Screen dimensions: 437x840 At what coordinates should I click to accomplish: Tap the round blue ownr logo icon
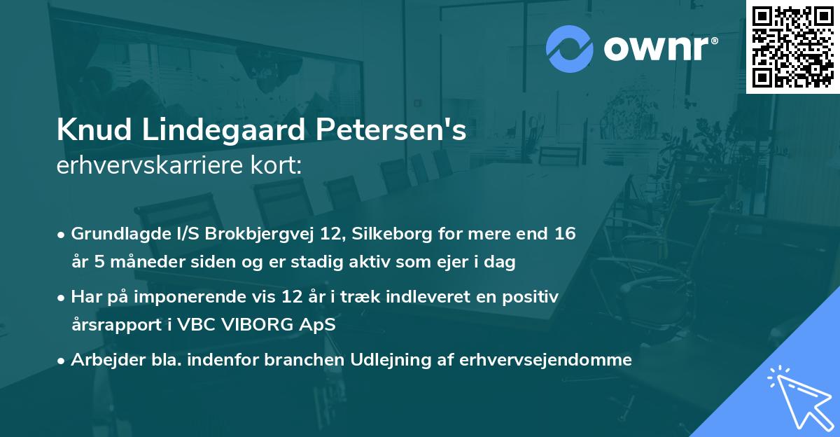click(569, 49)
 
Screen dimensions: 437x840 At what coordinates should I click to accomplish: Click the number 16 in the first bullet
click(566, 233)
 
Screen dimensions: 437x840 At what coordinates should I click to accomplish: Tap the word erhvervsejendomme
click(546, 360)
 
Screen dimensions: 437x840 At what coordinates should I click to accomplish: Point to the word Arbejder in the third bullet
click(101, 360)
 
